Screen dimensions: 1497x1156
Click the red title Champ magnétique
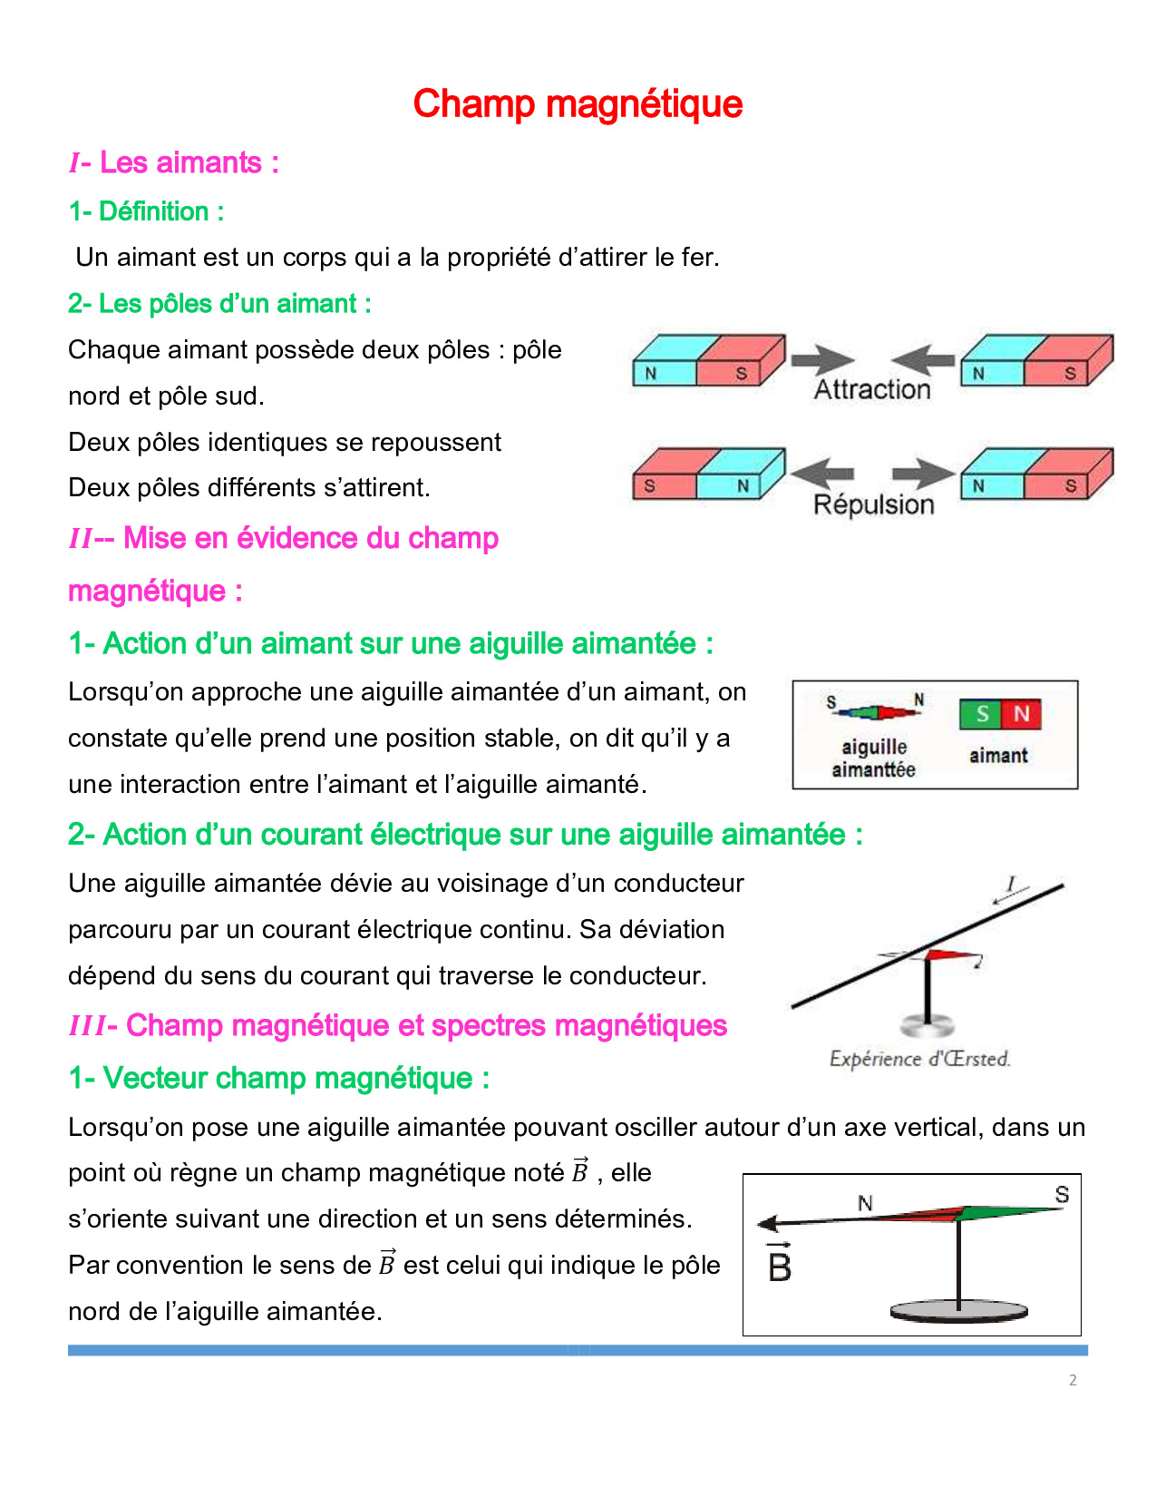578,104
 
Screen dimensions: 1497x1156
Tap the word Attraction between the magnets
872,390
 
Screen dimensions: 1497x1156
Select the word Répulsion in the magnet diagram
873,504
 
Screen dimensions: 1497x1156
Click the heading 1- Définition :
146,211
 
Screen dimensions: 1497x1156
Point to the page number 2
1073,1380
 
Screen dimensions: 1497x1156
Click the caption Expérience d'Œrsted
919,1059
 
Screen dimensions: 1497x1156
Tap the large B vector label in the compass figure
780,1265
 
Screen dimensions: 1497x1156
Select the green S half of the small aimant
981,714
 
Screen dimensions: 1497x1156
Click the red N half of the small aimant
1022,714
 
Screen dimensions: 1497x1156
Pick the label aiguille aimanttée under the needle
874,758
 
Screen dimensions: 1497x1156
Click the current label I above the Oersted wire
1011,883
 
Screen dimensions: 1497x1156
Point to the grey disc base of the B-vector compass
959,1312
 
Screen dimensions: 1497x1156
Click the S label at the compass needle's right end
1062,1195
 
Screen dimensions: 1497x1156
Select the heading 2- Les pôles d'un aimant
219,304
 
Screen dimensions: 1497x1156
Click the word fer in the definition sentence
698,258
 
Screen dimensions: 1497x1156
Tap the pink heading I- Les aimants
174,163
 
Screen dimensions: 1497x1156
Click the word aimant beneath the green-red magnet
998,756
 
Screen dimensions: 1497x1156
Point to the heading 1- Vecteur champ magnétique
279,1078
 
